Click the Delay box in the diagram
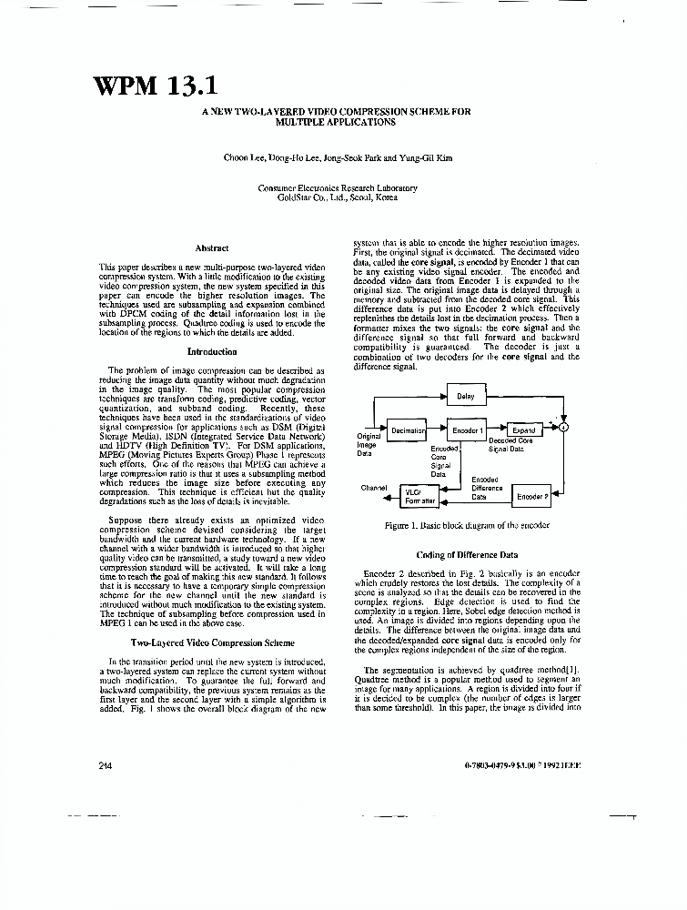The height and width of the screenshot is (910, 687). click(x=466, y=397)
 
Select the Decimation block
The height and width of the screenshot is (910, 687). click(x=408, y=430)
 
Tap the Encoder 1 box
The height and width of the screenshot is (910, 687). click(x=468, y=430)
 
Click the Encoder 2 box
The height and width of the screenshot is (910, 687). click(x=532, y=496)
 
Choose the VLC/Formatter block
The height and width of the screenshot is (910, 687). click(x=419, y=496)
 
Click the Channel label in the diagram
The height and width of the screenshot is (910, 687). click(x=374, y=488)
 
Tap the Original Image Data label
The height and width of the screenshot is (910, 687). click(x=368, y=444)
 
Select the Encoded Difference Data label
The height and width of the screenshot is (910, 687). click(x=487, y=489)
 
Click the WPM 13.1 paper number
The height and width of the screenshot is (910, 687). click(x=155, y=86)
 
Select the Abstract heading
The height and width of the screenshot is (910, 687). click(x=211, y=248)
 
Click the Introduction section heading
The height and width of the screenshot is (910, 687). click(x=211, y=350)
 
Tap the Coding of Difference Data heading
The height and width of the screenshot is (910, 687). click(x=467, y=554)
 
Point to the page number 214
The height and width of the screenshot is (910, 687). click(x=105, y=766)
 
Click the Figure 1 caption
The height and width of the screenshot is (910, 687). click(x=467, y=526)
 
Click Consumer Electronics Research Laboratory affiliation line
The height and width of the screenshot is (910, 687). click(x=338, y=188)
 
